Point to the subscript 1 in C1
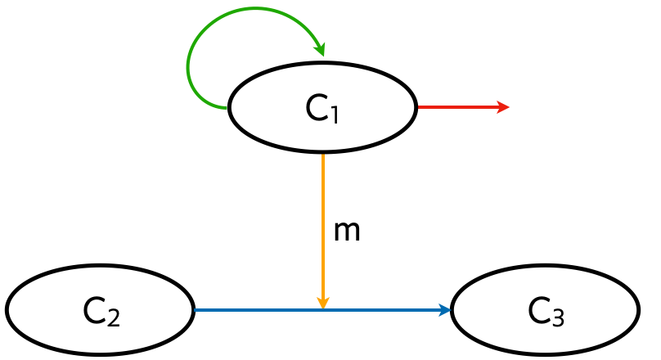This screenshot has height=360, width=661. tap(335, 115)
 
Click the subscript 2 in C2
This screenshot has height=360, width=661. tap(114, 317)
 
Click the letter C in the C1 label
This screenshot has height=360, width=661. tap(317, 108)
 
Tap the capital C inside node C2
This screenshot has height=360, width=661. tap(95, 311)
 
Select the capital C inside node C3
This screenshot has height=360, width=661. tap(540, 311)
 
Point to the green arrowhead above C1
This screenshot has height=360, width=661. tap(320, 49)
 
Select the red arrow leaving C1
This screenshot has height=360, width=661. tap(463, 107)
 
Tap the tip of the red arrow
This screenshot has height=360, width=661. tap(510, 107)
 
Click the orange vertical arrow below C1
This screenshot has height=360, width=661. tap(323, 231)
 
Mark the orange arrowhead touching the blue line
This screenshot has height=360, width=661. tap(323, 303)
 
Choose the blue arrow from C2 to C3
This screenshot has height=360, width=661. tap(322, 310)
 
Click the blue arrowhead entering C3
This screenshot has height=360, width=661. tap(445, 310)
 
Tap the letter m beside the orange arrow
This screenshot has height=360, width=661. tap(347, 232)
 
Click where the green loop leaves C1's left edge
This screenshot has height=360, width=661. tap(227, 108)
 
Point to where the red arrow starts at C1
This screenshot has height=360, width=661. tap(418, 107)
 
